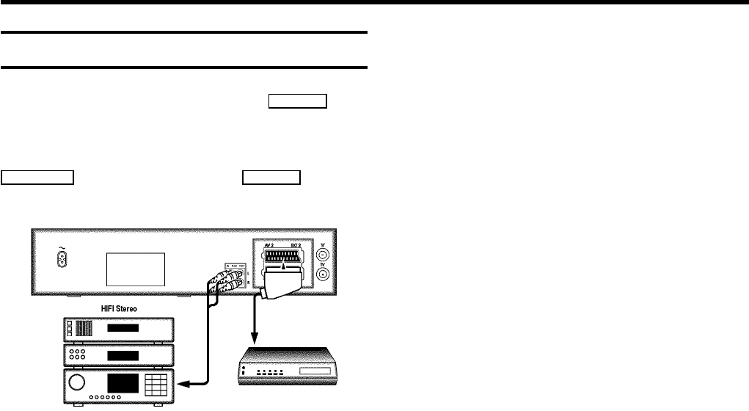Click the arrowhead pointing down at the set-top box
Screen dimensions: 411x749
254,340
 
